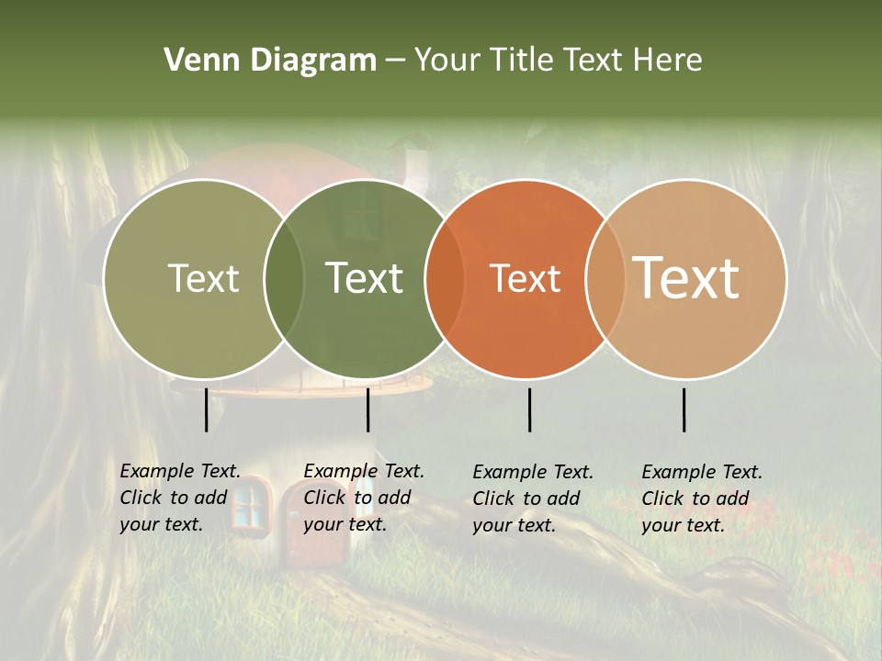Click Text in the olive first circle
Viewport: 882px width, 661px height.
[203, 278]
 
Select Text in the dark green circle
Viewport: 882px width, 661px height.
[365, 278]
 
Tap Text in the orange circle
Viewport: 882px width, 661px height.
[525, 278]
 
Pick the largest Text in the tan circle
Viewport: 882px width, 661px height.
[686, 278]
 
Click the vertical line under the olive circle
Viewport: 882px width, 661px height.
[207, 409]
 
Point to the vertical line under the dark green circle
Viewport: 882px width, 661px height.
[367, 409]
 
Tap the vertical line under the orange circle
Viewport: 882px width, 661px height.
[529, 409]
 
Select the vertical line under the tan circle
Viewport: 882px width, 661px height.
[684, 409]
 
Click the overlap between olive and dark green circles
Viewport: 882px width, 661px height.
[284, 278]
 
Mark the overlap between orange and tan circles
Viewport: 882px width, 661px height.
[602, 278]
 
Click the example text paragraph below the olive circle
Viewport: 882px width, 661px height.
[180, 498]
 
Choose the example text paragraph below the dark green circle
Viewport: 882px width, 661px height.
[364, 498]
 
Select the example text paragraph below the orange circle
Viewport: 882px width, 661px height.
[533, 499]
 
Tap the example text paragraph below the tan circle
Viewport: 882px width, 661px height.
[702, 499]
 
